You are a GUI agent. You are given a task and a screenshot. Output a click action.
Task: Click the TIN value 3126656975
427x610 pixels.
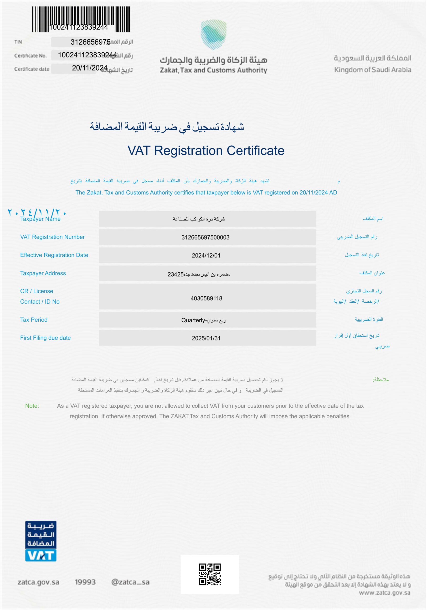[x=90, y=42]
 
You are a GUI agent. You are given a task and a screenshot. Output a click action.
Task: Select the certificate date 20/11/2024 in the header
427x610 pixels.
[x=90, y=68]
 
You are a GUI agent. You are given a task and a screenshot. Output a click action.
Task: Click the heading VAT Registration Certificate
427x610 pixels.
[x=206, y=151]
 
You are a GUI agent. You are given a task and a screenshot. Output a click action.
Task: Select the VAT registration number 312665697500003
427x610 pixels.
[x=205, y=238]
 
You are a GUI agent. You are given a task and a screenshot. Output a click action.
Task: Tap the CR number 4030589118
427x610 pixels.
[x=206, y=298]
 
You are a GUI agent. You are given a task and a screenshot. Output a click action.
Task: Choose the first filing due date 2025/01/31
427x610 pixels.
[x=206, y=338]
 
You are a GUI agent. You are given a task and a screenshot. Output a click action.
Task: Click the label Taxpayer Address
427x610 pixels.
[x=43, y=273]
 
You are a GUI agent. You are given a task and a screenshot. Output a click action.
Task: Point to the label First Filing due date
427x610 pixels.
[x=46, y=338]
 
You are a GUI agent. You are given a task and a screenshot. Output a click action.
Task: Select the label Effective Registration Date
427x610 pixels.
[x=54, y=255]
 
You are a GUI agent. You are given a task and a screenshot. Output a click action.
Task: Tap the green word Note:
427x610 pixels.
[x=32, y=406]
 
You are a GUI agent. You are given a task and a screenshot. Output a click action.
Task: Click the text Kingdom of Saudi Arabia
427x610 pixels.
[x=372, y=70]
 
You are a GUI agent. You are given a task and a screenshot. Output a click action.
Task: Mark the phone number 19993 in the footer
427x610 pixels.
[x=85, y=582]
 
